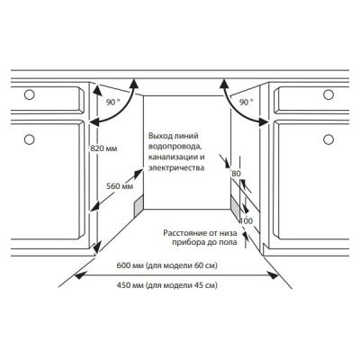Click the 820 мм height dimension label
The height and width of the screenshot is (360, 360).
coord(103,148)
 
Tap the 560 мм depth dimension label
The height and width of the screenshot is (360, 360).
coord(120,186)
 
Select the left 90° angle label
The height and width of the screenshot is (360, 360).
coord(112,103)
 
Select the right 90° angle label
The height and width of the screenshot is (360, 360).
coord(246,103)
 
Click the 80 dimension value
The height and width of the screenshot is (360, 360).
coord(236,174)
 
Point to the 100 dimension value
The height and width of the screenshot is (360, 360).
coord(247,221)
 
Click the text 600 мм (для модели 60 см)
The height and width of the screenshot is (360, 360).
coord(166,265)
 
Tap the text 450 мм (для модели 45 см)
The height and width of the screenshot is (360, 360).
coord(166,285)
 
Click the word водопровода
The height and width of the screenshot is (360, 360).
coord(174,147)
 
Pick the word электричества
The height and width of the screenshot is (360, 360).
coord(176,167)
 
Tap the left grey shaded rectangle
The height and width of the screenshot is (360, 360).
coord(139,205)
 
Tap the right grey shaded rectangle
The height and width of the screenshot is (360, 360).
coord(235,207)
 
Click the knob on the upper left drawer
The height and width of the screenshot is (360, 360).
coord(29,94)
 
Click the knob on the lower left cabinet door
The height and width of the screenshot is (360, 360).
coord(29,139)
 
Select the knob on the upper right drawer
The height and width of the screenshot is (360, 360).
coord(328,94)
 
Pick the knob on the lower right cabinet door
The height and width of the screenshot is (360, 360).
coord(328,139)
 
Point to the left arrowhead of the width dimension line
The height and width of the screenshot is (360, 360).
coord(78,275)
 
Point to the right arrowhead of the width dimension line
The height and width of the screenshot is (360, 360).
coord(274,275)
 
